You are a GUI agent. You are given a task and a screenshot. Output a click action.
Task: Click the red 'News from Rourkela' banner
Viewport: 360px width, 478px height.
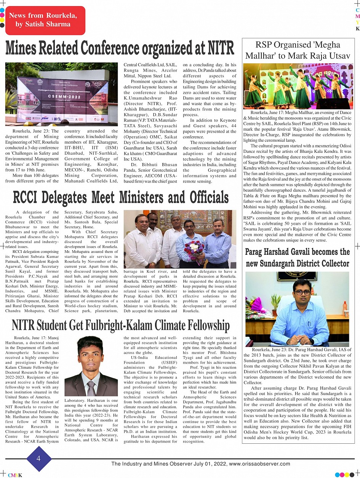coord(43,20)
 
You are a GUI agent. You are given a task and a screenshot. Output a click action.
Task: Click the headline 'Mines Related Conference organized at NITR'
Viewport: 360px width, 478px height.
coord(120,48)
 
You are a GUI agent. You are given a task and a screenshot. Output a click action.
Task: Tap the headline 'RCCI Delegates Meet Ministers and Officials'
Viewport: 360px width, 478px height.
coord(121,197)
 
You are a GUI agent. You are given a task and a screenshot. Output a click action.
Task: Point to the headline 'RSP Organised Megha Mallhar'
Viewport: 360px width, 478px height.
coord(298,50)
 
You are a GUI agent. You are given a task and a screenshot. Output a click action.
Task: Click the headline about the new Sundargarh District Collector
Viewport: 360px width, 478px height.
coord(297,257)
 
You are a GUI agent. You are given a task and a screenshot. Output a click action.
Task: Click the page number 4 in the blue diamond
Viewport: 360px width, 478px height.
coord(38,459)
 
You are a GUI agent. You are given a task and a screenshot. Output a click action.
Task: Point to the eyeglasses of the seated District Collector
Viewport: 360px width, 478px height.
coord(303,293)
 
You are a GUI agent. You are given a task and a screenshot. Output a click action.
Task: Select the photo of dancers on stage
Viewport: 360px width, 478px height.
coord(298,86)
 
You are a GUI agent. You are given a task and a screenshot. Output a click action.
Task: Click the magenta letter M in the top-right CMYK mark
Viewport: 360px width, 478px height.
coord(357,17)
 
